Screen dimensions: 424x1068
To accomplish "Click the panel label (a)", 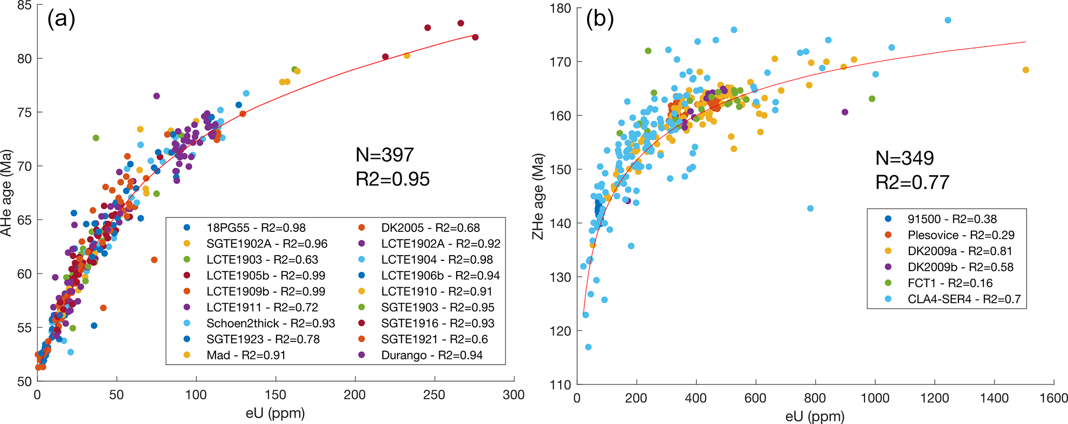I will [x=61, y=19].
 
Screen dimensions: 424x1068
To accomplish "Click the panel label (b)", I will [x=599, y=19].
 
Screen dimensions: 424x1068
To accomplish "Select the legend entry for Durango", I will [x=431, y=355].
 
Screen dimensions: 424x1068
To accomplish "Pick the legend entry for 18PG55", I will [x=256, y=228].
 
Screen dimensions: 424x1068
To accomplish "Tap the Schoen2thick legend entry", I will [x=270, y=323].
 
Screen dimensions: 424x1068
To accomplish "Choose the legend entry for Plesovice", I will [x=961, y=235].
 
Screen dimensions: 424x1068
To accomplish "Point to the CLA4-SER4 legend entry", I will [x=964, y=299].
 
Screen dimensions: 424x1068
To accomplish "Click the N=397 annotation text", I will [x=385, y=155].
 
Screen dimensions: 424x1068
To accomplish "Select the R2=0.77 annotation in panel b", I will [x=912, y=182].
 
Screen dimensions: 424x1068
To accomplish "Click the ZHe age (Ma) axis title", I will [x=538, y=196].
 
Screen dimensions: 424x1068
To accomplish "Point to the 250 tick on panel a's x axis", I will [x=434, y=395].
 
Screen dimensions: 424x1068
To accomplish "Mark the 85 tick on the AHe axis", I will [x=24, y=6].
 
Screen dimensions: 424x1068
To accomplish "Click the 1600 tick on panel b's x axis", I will [x=1054, y=398].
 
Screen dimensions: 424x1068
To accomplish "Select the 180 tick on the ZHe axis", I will [x=560, y=8].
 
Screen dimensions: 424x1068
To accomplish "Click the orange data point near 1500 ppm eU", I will [x=1026, y=70].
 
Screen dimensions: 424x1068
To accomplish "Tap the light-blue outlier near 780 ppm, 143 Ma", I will [x=810, y=209].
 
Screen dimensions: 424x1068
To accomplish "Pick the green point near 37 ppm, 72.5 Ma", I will [x=96, y=138].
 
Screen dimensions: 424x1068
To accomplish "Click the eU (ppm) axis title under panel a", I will [x=275, y=413].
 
